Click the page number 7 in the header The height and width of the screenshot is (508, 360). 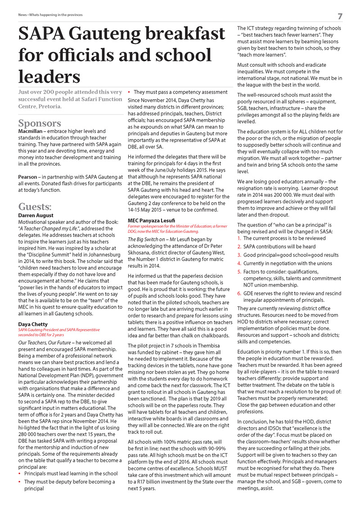point(340,17)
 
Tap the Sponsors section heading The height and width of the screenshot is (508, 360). point(40,123)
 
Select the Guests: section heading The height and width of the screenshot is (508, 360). point(35,207)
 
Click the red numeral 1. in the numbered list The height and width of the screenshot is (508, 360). point(239,238)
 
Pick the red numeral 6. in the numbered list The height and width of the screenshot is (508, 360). point(239,294)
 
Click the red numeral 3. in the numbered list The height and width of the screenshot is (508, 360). point(239,255)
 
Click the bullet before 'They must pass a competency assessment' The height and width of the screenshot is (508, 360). point(130,92)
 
